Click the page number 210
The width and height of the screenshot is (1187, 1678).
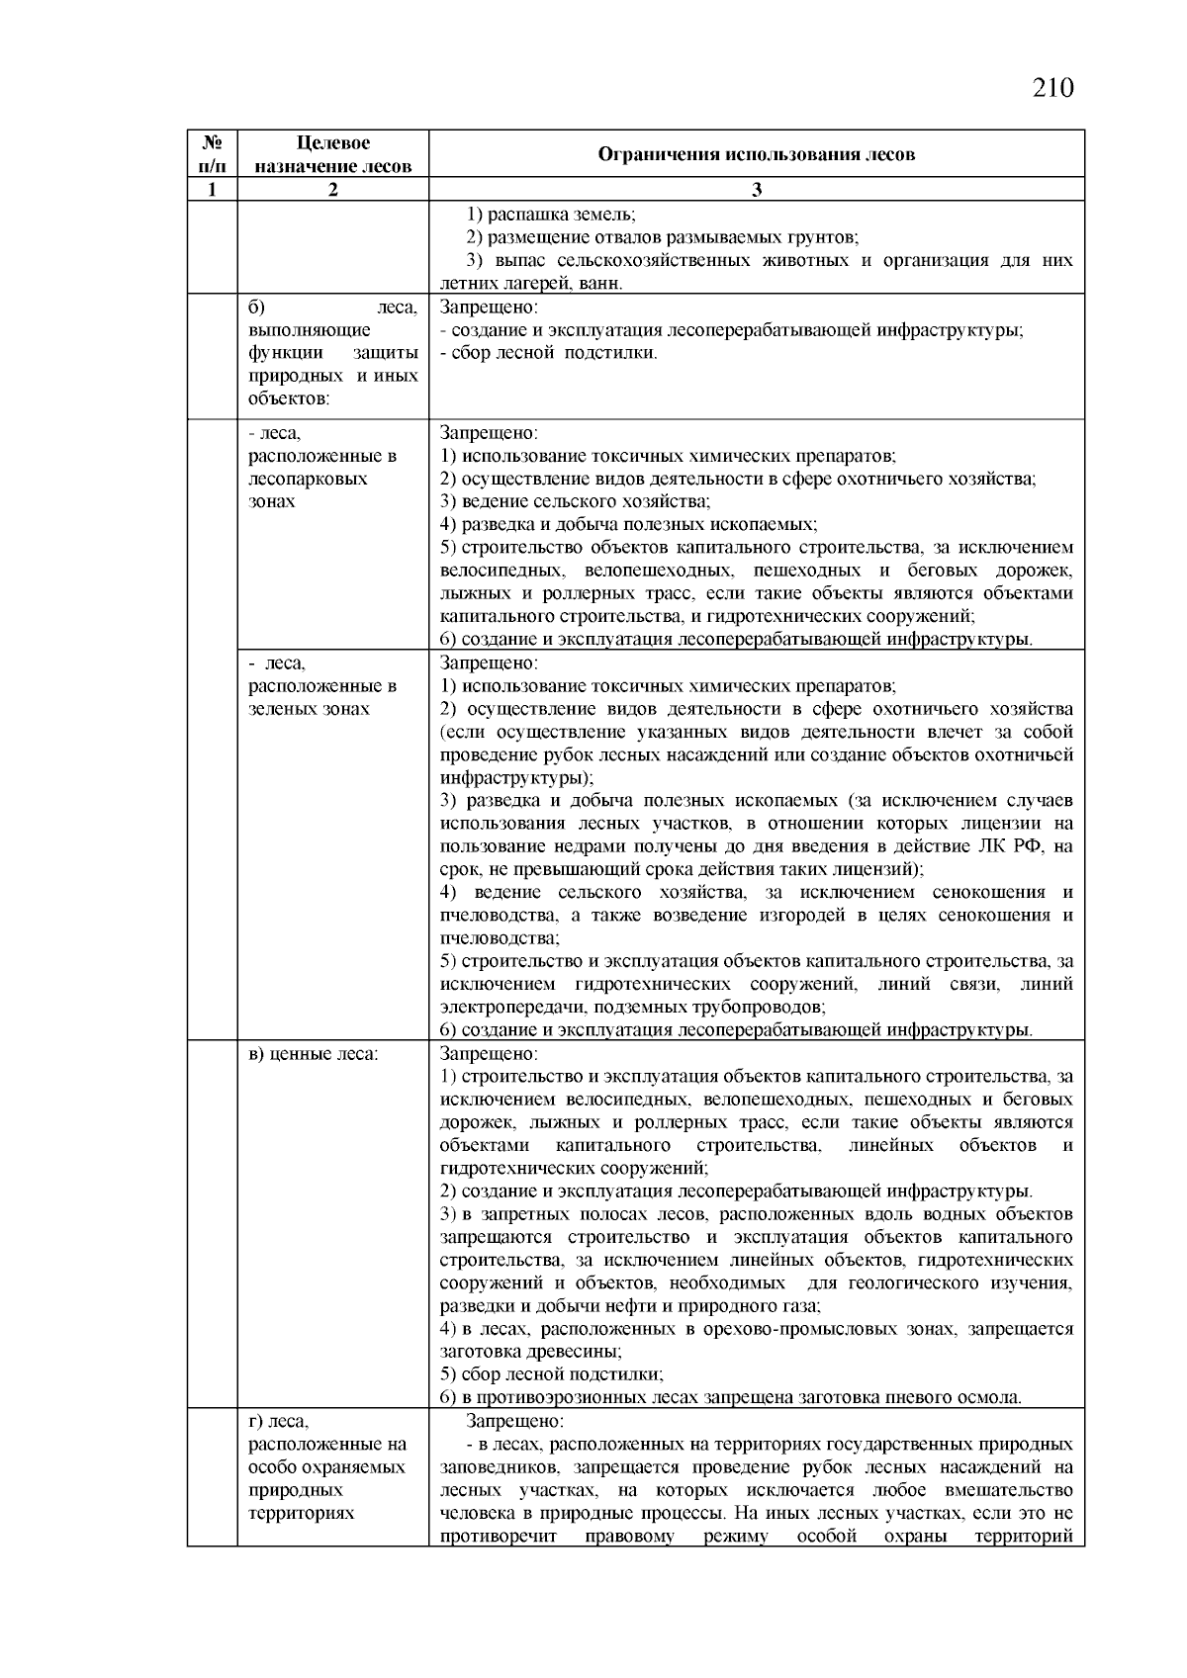(1052, 88)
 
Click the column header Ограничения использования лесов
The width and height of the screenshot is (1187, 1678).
(757, 154)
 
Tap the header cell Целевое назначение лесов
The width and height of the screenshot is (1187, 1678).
(332, 154)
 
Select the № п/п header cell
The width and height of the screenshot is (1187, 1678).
(212, 154)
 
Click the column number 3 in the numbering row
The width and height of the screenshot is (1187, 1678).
(757, 190)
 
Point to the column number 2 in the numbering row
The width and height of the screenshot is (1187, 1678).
(332, 190)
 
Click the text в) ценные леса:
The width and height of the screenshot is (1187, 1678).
(313, 1054)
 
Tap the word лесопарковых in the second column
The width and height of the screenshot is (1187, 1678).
(307, 479)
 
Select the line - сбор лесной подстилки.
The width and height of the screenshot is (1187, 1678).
(549, 353)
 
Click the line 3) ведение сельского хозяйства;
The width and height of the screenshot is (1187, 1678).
(576, 501)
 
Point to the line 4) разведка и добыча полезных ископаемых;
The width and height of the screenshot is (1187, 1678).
(629, 524)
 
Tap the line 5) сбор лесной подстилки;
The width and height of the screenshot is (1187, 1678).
(552, 1374)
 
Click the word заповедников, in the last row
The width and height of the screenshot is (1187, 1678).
(502, 1467)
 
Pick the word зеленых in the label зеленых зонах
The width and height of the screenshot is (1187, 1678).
(281, 709)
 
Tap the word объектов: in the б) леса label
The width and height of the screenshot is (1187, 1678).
(289, 398)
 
